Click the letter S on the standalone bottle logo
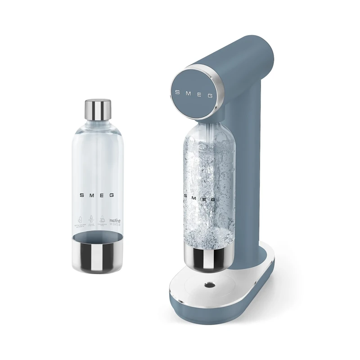(81, 196)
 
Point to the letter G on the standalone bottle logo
(112, 196)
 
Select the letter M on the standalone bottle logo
(91, 196)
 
